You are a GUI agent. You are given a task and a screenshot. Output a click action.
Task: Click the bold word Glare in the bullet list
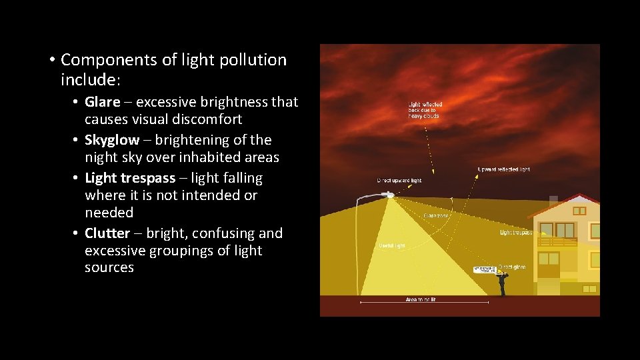click(102, 102)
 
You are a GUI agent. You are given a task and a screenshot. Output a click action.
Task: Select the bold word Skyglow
click(111, 140)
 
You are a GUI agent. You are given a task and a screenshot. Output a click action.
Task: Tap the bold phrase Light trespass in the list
click(130, 178)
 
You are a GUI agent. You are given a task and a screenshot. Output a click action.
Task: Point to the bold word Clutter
click(107, 233)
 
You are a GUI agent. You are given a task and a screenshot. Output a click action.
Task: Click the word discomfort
click(206, 119)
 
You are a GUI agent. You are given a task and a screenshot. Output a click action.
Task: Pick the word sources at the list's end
click(109, 267)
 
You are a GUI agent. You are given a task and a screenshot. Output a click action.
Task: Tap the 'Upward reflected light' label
click(504, 169)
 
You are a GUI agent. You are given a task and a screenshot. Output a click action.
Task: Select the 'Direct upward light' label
click(399, 181)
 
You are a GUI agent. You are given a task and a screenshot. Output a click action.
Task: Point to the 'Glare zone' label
click(436, 215)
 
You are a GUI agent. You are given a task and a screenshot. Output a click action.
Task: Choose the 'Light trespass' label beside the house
click(516, 233)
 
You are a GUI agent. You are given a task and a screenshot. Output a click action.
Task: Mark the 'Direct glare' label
click(511, 267)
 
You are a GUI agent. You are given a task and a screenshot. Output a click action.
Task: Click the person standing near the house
click(502, 284)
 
